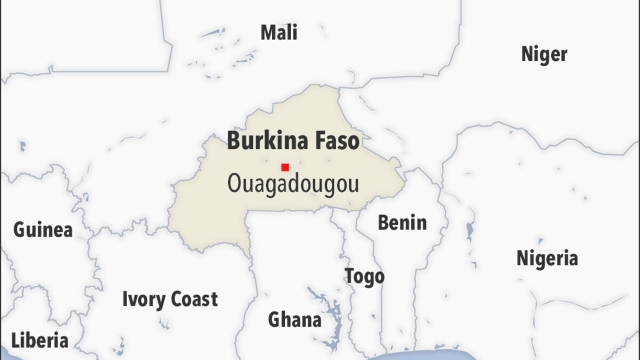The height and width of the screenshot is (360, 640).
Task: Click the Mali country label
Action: [278, 33]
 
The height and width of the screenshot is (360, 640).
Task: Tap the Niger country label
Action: [544, 54]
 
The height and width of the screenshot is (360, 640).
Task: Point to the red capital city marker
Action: [285, 167]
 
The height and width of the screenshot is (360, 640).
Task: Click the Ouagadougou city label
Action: [293, 185]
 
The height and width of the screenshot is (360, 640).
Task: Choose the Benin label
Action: [402, 223]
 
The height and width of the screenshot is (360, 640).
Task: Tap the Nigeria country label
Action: [547, 259]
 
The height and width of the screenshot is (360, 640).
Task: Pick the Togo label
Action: [364, 276]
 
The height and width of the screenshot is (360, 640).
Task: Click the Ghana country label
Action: [294, 320]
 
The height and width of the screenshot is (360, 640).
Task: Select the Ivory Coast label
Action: [170, 299]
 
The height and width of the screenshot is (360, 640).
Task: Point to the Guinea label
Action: [43, 230]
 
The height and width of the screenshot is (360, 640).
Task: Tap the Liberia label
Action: [40, 340]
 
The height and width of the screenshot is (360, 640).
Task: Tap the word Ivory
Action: [143, 300]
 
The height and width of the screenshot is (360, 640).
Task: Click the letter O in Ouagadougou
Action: [235, 184]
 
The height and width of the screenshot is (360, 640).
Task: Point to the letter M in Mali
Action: [267, 33]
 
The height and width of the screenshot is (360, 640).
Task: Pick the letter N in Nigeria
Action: [522, 259]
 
